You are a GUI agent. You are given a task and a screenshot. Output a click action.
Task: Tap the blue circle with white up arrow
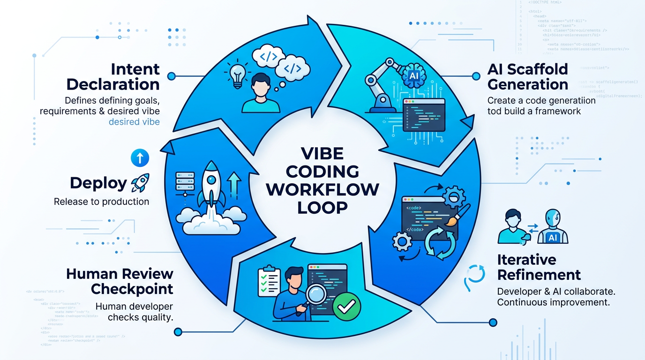(x=139, y=158)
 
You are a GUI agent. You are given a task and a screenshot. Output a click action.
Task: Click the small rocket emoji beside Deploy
(x=140, y=183)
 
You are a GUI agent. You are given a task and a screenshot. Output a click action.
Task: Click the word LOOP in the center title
(x=322, y=206)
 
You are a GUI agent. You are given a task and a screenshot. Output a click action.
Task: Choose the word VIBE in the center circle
(x=323, y=154)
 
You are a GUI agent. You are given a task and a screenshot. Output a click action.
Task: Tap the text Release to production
(x=102, y=202)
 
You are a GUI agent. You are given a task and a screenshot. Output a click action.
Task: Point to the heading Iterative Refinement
(x=539, y=267)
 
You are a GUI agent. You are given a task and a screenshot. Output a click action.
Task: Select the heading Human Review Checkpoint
(x=120, y=281)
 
